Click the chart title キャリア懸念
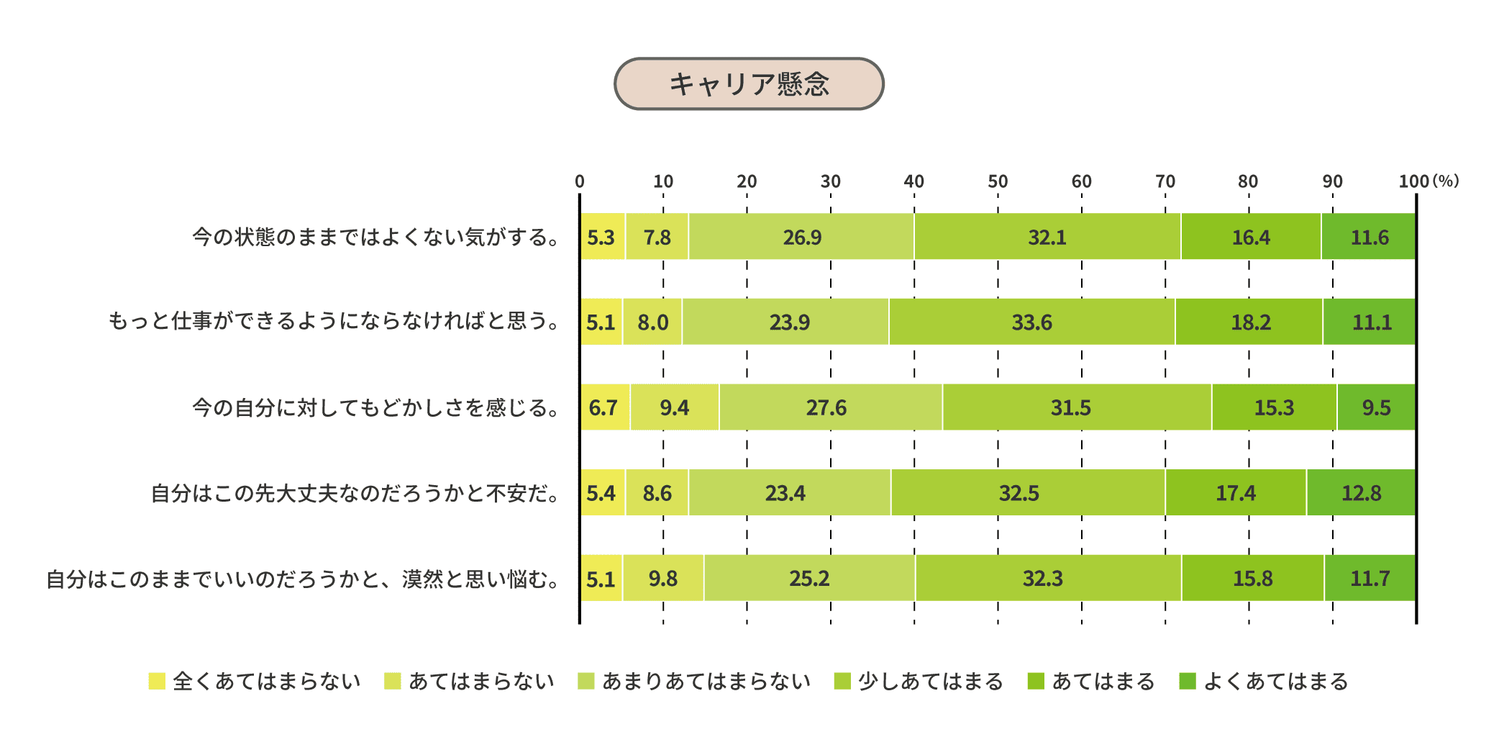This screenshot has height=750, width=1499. (x=748, y=84)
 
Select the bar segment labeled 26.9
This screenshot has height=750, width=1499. (x=801, y=237)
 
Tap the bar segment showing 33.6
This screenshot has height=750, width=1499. (x=1031, y=322)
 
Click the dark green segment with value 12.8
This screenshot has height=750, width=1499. (x=1361, y=493)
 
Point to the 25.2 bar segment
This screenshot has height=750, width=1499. (x=809, y=578)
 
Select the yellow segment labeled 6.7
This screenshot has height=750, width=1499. (x=604, y=407)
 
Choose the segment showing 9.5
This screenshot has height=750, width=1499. (x=1376, y=407)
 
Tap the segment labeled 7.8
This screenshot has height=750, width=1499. (x=657, y=237)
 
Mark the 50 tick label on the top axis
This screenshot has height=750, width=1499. (x=998, y=181)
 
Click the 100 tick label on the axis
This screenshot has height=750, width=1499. (x=1413, y=181)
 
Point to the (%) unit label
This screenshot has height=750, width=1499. (x=1446, y=181)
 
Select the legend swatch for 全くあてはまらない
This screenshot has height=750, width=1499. (x=157, y=681)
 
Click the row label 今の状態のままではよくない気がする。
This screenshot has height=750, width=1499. (x=376, y=237)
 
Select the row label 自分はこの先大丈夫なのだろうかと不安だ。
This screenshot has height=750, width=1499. (x=355, y=493)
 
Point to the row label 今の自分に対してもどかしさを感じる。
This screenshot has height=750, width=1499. (x=376, y=407)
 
